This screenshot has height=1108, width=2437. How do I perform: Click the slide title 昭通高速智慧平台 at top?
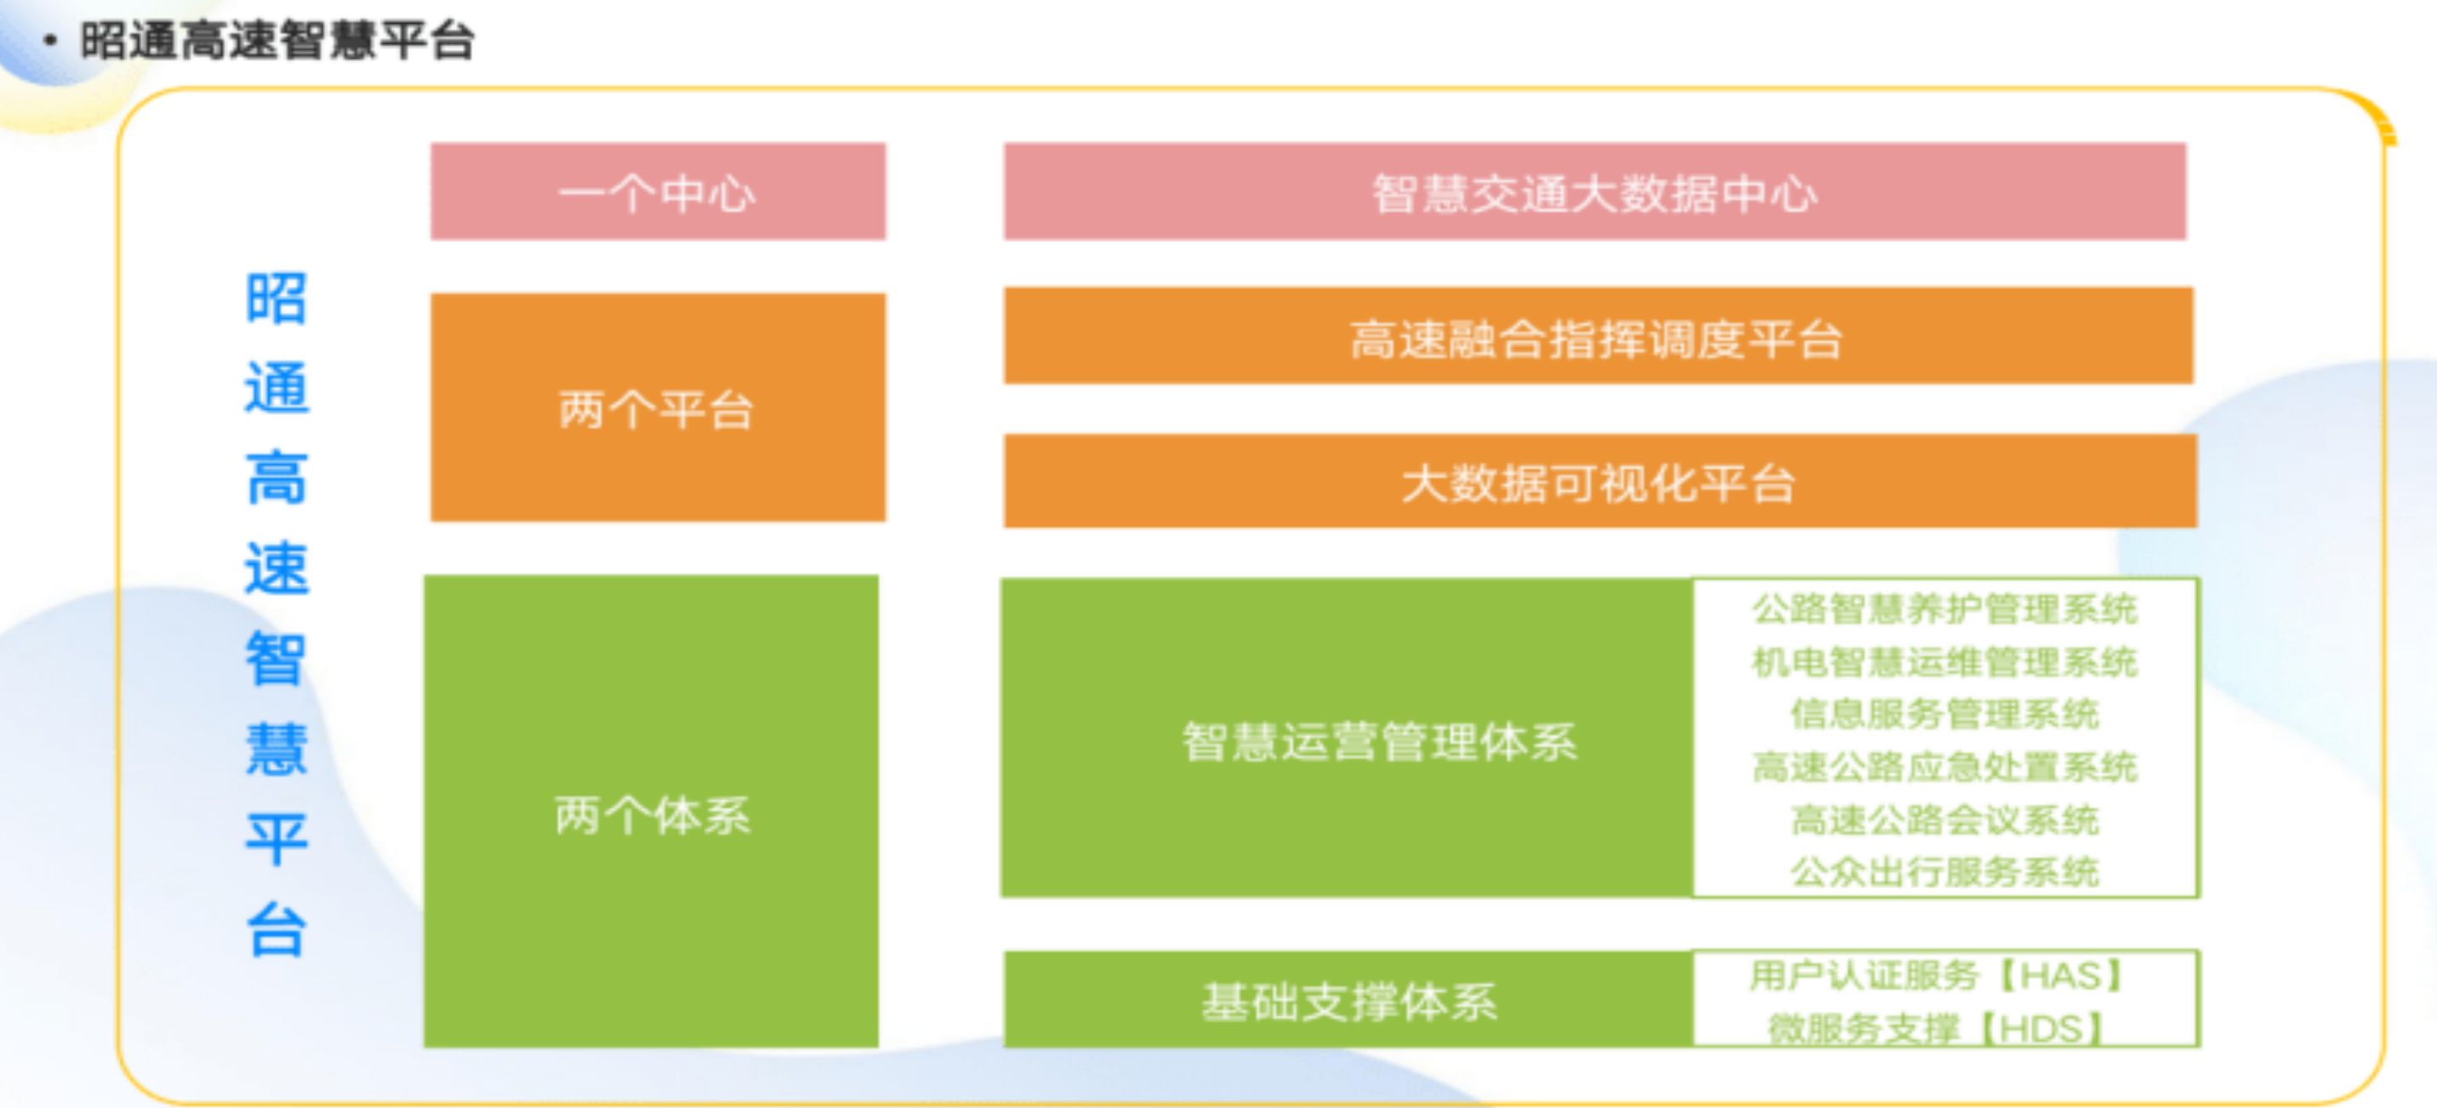pyautogui.click(x=277, y=41)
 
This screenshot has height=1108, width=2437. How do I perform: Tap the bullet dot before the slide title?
pyautogui.click(x=50, y=41)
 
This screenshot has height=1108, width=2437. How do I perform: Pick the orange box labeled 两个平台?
pyautogui.click(x=657, y=407)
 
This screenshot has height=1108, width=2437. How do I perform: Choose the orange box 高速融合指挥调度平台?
pyautogui.click(x=1598, y=336)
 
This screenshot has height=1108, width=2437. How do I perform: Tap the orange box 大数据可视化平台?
pyautogui.click(x=1599, y=480)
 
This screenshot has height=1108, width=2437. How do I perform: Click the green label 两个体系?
pyautogui.click(x=652, y=815)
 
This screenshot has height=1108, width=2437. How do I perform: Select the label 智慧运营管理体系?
pyautogui.click(x=1379, y=741)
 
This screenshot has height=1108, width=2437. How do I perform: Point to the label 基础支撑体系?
pyautogui.click(x=1350, y=1001)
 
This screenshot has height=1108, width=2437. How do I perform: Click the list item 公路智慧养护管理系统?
pyautogui.click(x=1945, y=608)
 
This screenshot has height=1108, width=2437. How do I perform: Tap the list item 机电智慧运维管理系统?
pyautogui.click(x=1945, y=662)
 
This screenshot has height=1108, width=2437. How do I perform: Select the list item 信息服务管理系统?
pyautogui.click(x=1945, y=714)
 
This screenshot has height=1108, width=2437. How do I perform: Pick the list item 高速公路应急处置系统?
pyautogui.click(x=1945, y=766)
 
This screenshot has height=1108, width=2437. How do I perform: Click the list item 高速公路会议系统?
pyautogui.click(x=1945, y=819)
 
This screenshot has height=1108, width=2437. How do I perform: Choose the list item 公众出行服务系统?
pyautogui.click(x=1945, y=871)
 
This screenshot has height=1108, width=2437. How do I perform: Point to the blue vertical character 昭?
pyautogui.click(x=277, y=298)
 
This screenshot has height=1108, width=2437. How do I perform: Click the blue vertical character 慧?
pyautogui.click(x=277, y=749)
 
